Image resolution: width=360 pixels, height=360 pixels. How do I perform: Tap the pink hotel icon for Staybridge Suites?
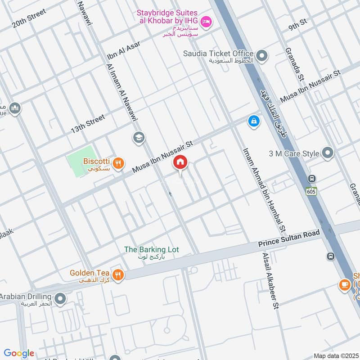pyautogui.click(x=206, y=21)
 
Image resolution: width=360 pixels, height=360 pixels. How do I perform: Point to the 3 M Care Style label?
pyautogui.click(x=294, y=153)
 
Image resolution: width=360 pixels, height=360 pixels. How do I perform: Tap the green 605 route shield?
pyautogui.click(x=311, y=191)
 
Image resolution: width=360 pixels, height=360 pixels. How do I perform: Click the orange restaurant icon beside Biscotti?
pyautogui.click(x=118, y=164)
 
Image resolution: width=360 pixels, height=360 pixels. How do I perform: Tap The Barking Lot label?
pyautogui.click(x=152, y=249)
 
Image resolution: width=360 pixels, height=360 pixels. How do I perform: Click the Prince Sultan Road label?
pyautogui.click(x=289, y=238)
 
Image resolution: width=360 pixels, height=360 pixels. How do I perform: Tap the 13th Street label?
pyautogui.click(x=88, y=124)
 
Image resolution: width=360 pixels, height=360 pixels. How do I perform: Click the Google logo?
pyautogui.click(x=19, y=353)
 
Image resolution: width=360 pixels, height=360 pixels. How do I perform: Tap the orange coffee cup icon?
pyautogui.click(x=345, y=285)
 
